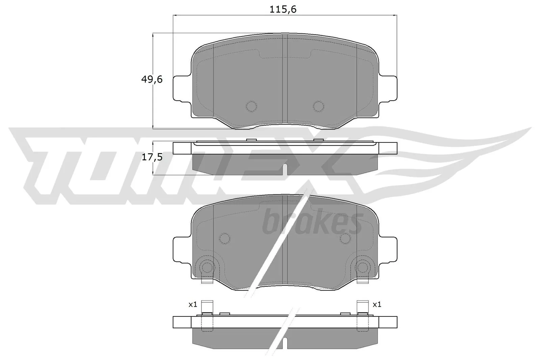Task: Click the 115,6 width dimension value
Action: tap(283, 9)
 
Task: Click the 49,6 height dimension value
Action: tap(152, 79)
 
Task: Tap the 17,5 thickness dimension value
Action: tap(152, 157)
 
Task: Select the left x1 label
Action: tap(193, 305)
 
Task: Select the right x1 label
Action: tap(377, 305)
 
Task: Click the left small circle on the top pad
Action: tap(251, 106)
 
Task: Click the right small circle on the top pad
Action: tap(319, 106)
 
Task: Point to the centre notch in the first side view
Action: tap(285, 169)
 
